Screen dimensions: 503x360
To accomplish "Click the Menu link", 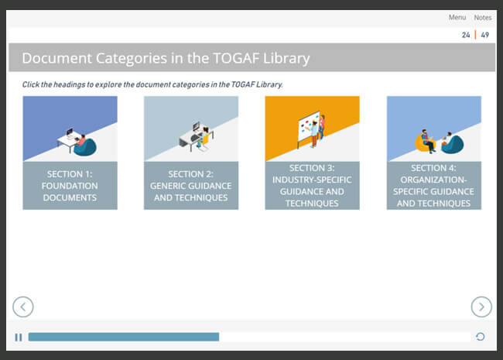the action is pos(457,17).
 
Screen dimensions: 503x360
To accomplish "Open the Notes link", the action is pos(483,17).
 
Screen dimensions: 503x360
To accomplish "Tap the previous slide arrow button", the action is pos(23,307).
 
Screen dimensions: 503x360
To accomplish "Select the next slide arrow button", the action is pos(481,307).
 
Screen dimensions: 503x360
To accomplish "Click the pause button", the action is pos(19,338).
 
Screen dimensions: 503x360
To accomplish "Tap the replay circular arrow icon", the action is pos(481,337).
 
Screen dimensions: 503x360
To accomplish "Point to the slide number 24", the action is pos(466,35).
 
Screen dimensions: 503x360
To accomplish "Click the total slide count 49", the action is pos(484,35).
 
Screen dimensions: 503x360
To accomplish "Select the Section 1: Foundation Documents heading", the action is pos(70,186).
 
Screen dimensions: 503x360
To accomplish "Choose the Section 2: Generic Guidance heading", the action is pos(191,186).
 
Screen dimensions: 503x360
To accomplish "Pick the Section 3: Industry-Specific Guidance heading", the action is pos(312,186).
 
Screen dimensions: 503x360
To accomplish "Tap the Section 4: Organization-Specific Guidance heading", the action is pos(433,186).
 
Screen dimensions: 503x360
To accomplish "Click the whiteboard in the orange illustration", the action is pos(308,129).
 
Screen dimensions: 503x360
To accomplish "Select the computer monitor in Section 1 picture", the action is pos(70,132).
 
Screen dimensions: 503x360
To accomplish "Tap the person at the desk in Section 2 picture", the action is pos(204,137).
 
